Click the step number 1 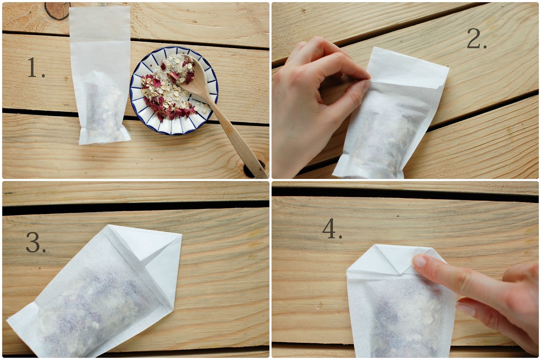[x=36, y=68]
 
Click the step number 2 [x=476, y=39]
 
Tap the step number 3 [x=36, y=242]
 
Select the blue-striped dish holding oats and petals [x=174, y=90]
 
